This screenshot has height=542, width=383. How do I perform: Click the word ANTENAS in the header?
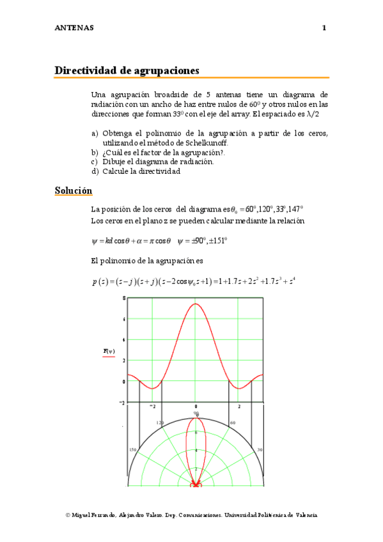point(74,28)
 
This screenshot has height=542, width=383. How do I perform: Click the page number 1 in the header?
point(324,28)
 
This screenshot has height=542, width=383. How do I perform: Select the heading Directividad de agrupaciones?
point(127,70)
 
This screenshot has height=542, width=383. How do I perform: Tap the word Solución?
point(74,190)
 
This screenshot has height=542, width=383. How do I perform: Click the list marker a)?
point(95,133)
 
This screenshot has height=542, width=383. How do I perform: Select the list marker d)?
point(95,171)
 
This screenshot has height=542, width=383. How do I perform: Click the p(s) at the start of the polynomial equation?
point(99,281)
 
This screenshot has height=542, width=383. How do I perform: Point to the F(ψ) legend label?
point(108,351)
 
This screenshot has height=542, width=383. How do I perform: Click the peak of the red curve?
point(196,304)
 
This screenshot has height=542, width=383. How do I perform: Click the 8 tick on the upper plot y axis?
point(123,299)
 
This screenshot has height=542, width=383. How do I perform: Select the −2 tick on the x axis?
point(152,407)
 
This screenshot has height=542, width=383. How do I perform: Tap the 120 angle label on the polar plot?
point(160,423)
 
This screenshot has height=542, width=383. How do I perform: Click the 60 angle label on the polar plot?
point(233,423)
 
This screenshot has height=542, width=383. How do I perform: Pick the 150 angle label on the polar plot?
point(133,450)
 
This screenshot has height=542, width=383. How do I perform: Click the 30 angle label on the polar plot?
point(260,450)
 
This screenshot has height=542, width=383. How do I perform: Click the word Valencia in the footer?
point(304,515)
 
